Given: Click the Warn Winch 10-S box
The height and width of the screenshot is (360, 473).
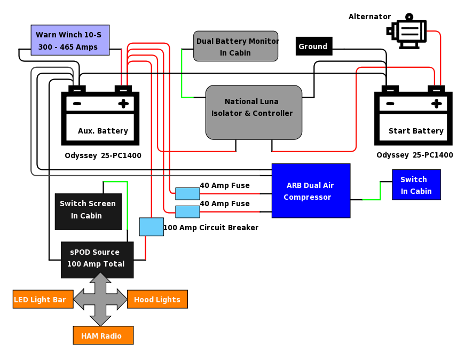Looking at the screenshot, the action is point(70,40).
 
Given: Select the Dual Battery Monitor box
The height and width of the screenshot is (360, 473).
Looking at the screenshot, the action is point(235,46).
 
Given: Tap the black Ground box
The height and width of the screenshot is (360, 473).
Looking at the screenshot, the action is point(314,46).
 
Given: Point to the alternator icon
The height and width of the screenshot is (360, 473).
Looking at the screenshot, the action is point(407,31).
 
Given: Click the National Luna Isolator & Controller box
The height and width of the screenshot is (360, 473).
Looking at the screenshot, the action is point(254,112).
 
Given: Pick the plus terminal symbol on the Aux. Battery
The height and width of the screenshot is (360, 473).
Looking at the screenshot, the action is point(123,104).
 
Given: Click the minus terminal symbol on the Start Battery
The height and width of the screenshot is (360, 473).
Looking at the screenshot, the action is point(390,104).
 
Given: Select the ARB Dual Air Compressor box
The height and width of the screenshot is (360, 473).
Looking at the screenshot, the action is point(311,191).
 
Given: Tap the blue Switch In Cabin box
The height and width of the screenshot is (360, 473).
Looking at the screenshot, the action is point(416,185).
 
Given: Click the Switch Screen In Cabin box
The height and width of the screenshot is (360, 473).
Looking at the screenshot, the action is point(88,212).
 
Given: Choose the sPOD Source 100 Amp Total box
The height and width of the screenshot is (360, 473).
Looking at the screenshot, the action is point(97,260).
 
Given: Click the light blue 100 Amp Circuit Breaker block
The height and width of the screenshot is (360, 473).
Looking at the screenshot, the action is point(152,226).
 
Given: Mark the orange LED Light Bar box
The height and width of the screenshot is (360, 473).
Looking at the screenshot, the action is point(43,299).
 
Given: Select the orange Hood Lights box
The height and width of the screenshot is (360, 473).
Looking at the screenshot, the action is point(157,299).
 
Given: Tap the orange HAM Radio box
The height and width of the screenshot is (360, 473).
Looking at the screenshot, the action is point(103,335).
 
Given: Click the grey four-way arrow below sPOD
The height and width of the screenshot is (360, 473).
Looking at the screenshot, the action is point(100,299).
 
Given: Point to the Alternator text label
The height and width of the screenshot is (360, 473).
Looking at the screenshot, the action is point(369,17).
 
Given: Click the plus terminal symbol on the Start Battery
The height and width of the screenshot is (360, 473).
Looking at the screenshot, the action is point(437,104).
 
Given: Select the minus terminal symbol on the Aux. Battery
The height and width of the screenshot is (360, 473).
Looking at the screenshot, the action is point(77,104).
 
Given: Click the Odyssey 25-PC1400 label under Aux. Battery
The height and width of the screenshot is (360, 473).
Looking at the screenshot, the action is point(103,155).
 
